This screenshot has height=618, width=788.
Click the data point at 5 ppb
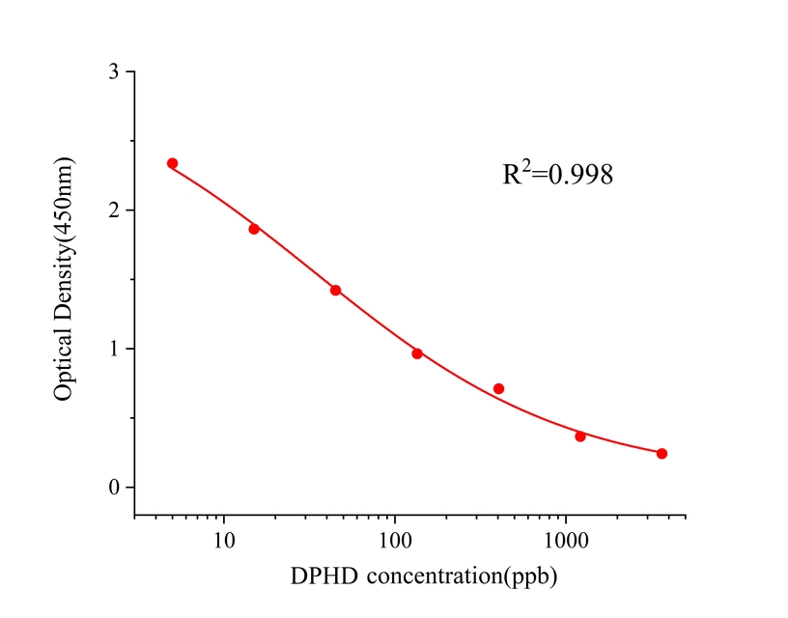coord(172,163)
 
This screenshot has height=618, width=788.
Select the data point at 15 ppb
coord(254,229)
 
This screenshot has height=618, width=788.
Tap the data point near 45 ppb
coord(335,290)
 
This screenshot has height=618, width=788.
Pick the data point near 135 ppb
coord(417,353)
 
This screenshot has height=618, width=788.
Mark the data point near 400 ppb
coord(498,388)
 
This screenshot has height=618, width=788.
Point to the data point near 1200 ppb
coord(580,436)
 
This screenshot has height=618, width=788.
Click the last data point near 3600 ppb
coord(661,453)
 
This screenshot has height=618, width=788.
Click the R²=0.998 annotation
coord(558,175)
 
